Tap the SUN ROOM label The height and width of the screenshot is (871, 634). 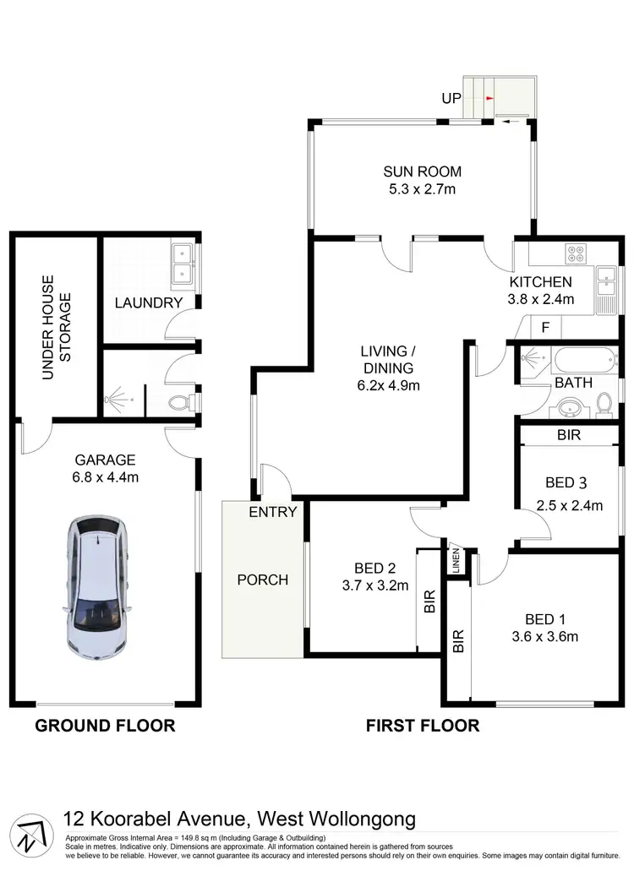[422, 172]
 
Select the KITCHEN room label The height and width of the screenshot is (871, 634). [541, 282]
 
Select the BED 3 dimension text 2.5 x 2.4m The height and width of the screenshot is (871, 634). [569, 506]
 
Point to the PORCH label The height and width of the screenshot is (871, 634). [262, 580]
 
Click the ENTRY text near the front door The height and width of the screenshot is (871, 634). [273, 511]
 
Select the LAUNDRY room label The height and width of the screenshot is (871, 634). [149, 302]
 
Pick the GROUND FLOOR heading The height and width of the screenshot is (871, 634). [105, 725]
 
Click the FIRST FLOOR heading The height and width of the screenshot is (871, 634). [422, 725]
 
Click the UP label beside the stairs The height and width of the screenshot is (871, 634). [451, 98]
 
